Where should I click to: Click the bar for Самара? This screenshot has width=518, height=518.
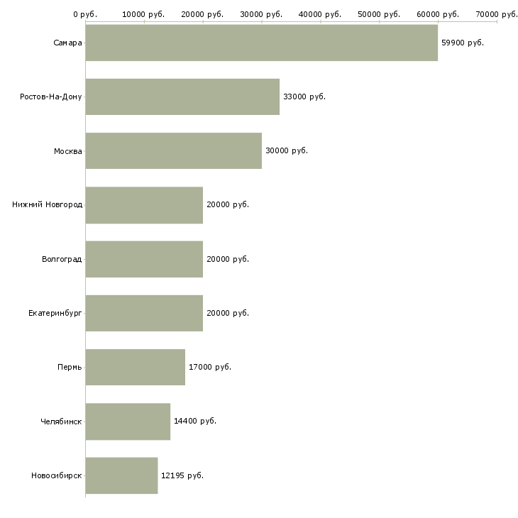[x=261, y=43]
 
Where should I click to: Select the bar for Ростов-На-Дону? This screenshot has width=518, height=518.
[x=182, y=97]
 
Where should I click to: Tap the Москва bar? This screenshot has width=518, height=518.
[x=174, y=150]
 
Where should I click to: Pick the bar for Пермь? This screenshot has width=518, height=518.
[x=136, y=367]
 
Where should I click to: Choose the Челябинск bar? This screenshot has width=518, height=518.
[x=128, y=421]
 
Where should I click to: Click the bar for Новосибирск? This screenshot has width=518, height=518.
[x=121, y=475]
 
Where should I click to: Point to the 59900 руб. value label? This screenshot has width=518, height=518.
[x=463, y=43]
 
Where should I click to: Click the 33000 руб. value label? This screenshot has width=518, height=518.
[x=304, y=97]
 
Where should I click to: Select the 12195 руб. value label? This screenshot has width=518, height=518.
[x=182, y=475]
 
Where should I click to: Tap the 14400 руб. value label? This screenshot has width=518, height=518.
[x=195, y=421]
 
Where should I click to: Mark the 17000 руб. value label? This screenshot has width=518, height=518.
[x=210, y=367]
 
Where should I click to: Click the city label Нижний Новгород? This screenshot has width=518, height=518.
[x=47, y=205]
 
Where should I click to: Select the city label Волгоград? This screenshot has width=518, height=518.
[x=62, y=259]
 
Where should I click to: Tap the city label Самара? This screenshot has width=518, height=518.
[x=67, y=43]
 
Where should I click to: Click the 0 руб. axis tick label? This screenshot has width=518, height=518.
[x=85, y=14]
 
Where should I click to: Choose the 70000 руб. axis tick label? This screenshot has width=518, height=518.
[x=497, y=14]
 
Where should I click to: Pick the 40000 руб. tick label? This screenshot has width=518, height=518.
[x=321, y=14]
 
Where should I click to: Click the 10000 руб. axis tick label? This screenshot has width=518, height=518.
[x=143, y=14]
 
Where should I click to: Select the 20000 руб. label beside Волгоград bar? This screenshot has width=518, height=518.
[x=228, y=259]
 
